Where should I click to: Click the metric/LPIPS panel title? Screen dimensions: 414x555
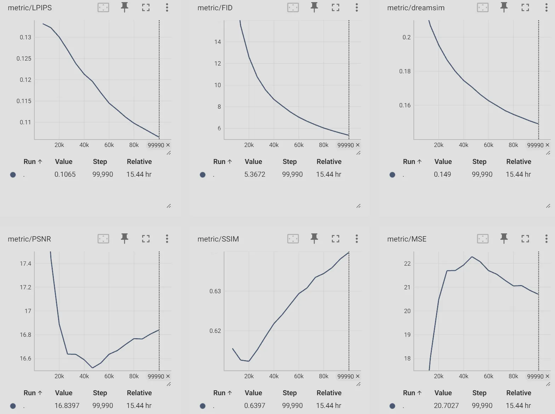pos(30,8)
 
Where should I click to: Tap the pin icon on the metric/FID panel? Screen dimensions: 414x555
pos(314,7)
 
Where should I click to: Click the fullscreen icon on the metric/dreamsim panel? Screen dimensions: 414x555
pos(525,7)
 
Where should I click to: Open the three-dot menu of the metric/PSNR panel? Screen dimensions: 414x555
pos(167,239)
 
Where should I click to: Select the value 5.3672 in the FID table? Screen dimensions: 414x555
pos(254,174)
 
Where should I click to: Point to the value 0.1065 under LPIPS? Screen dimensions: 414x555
pos(65,174)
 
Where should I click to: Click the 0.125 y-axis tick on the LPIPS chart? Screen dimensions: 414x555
pos(24,58)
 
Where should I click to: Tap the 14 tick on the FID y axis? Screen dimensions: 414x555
pos(218,42)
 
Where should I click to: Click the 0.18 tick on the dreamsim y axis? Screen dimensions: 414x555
pos(405,71)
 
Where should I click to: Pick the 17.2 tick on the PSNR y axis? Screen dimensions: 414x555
pos(25,287)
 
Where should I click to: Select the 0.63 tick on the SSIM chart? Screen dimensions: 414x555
pos(215,291)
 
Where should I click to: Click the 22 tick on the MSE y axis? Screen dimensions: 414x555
pos(407,263)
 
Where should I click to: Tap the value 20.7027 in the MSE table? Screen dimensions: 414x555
pos(446,406)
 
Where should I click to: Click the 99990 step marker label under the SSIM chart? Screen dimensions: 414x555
pos(346,376)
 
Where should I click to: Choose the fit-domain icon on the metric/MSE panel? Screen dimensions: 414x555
pos(483,239)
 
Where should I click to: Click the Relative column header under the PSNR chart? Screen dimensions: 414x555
pos(139,393)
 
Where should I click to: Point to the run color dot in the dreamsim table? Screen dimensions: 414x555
pos(392,175)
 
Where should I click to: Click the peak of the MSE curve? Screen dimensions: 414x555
pos(472,257)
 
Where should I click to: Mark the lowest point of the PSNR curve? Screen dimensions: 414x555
pos(92,368)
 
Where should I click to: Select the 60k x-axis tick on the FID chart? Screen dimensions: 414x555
pos(299,145)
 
